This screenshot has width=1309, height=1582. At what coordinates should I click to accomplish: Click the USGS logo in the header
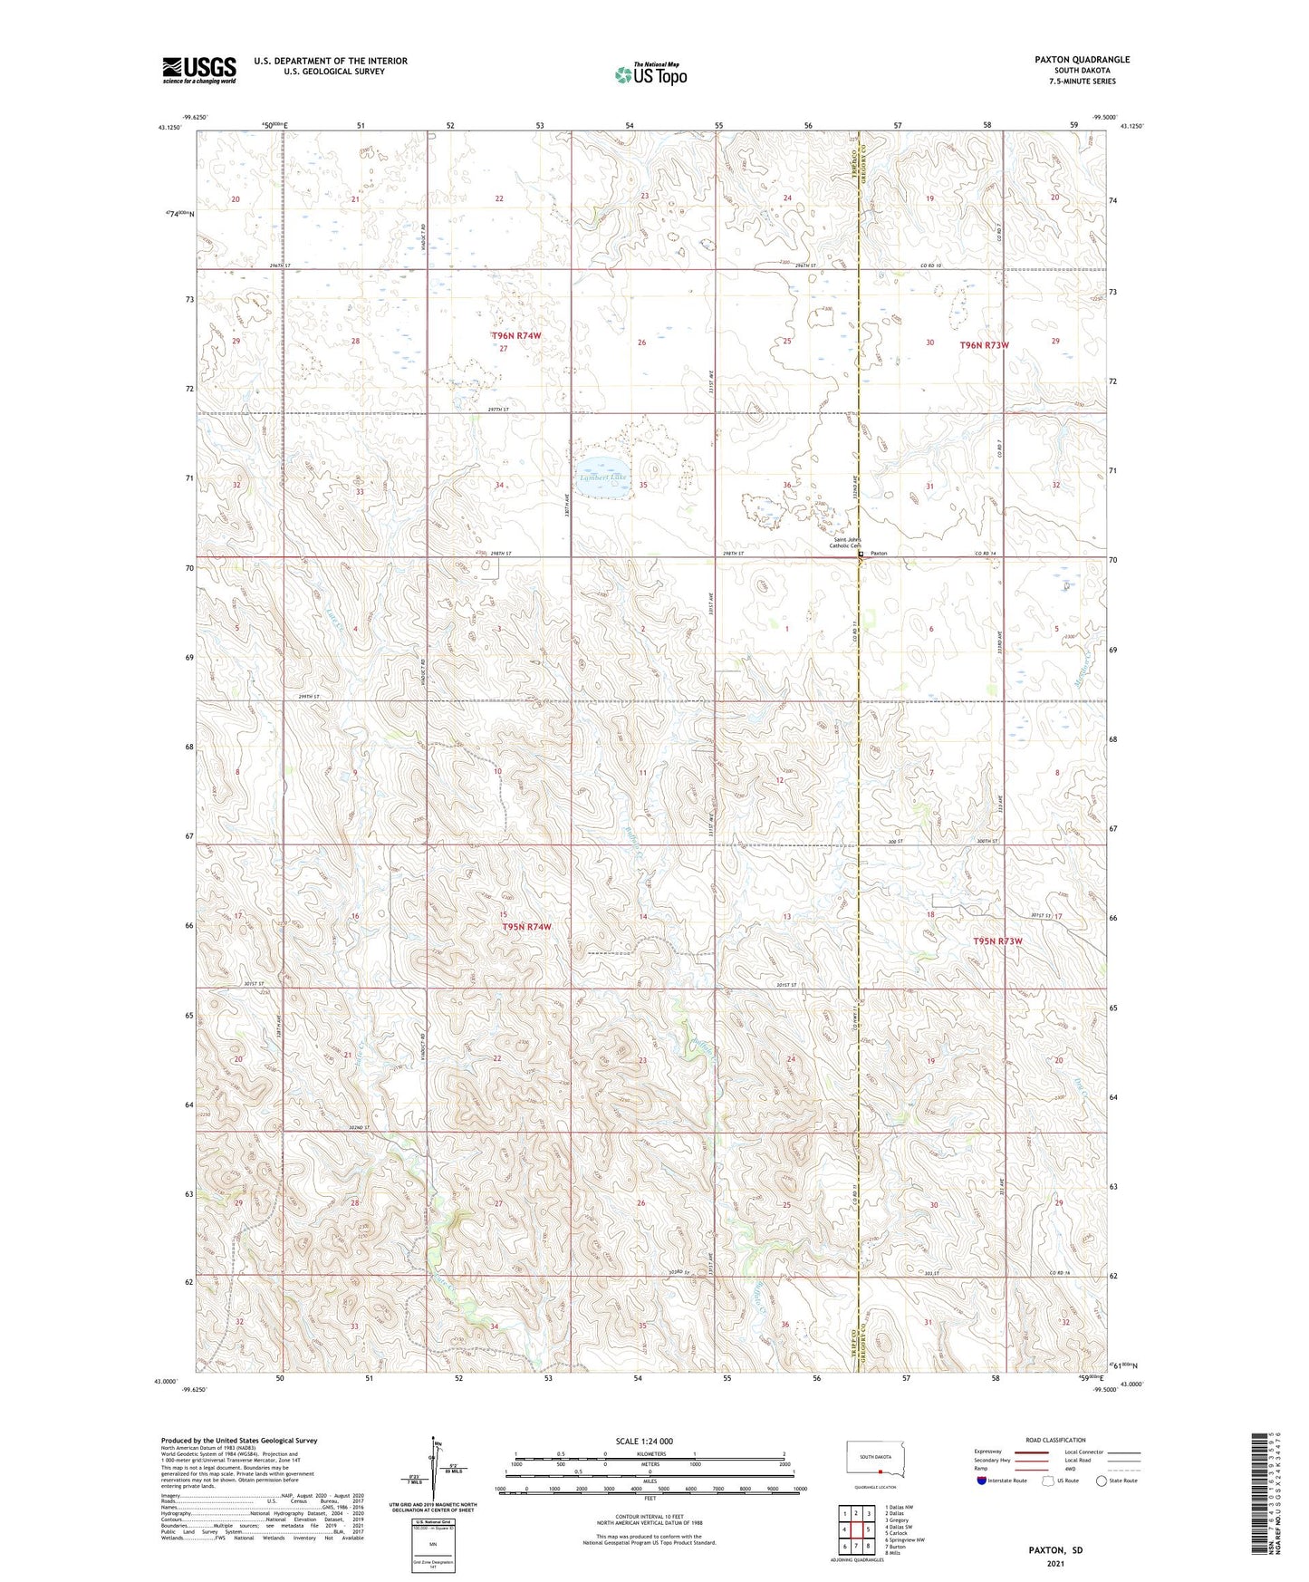click(x=199, y=69)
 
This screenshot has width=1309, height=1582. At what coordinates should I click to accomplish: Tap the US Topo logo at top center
click(x=650, y=73)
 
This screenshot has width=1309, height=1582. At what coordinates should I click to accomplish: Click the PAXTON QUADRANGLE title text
click(x=1082, y=60)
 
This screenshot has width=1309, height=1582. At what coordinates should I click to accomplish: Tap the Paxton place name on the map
click(x=880, y=553)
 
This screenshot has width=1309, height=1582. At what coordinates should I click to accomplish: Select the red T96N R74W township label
click(x=516, y=336)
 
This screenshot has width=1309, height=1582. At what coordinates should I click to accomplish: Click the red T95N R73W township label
click(x=997, y=941)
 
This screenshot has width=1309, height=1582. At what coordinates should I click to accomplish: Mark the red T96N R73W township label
click(x=984, y=345)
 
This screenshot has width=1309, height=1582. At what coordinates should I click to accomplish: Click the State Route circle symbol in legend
click(x=1102, y=1481)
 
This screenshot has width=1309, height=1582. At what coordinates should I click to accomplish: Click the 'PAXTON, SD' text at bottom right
click(x=1055, y=1550)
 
